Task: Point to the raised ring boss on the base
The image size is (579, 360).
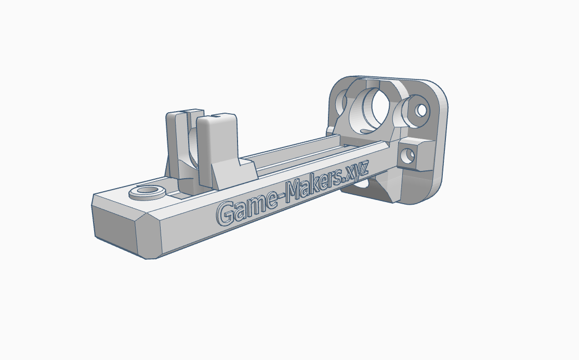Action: [x=147, y=192]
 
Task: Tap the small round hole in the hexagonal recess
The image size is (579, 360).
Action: [x=421, y=110]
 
